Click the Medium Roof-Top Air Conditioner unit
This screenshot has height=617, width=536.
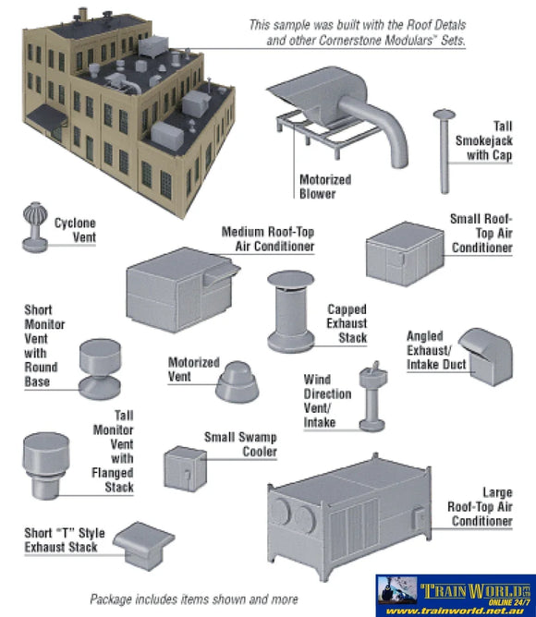[x=176, y=289]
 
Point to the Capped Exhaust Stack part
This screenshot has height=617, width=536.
[x=290, y=311]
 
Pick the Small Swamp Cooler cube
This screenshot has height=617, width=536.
[x=184, y=468]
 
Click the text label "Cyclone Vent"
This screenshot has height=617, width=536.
[x=75, y=230]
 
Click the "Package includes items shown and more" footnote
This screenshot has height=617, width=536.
[x=194, y=599]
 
